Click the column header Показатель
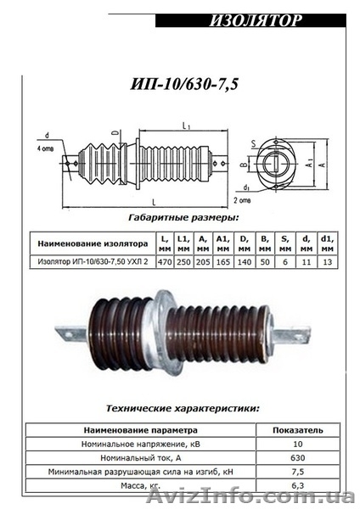(x=297, y=429)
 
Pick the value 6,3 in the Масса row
(x=297, y=484)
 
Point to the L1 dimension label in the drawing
(x=184, y=125)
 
